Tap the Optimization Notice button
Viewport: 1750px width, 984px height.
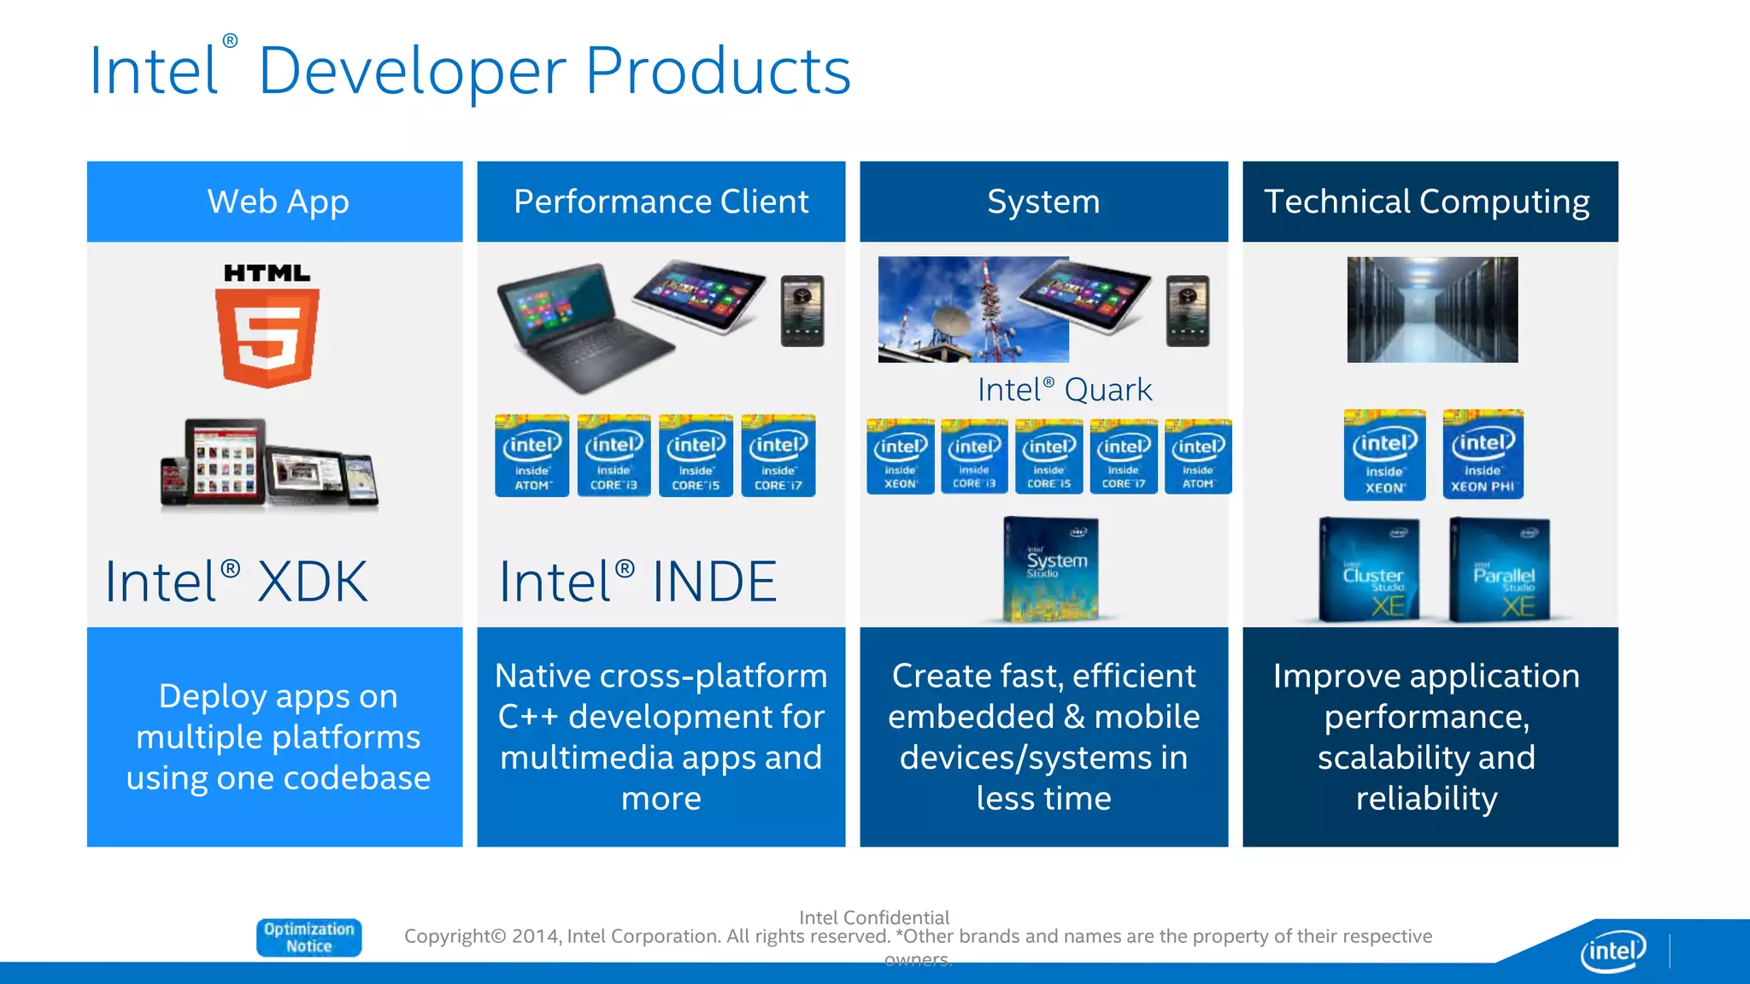(308, 937)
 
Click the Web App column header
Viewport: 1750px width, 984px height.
(277, 202)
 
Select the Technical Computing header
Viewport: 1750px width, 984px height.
(1428, 202)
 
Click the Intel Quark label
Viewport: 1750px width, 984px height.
(1064, 389)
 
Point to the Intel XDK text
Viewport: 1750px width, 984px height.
(236, 582)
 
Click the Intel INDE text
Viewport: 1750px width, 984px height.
(637, 582)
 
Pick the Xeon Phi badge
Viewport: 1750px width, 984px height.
(1483, 454)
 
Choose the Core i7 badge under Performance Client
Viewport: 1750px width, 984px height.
(778, 456)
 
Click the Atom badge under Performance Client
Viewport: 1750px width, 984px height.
(531, 456)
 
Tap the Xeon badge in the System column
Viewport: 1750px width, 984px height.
(900, 456)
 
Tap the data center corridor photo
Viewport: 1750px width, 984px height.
(1432, 309)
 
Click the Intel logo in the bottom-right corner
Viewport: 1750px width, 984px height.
(1612, 950)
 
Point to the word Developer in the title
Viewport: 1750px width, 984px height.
(412, 72)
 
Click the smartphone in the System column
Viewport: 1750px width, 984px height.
(1188, 311)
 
